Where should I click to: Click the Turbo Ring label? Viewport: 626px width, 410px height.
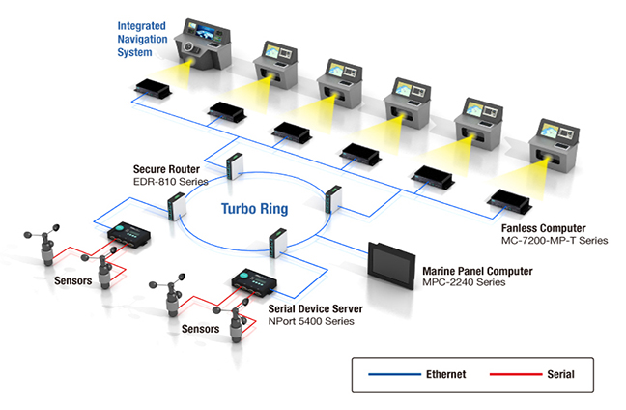255,209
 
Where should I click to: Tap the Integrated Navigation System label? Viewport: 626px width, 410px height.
142,39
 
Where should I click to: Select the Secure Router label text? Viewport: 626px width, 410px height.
166,169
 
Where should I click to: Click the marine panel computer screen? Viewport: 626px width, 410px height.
391,265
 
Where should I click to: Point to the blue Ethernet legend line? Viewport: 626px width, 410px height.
394,374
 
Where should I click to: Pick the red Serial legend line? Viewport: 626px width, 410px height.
516,374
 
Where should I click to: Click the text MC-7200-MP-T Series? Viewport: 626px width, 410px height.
555,241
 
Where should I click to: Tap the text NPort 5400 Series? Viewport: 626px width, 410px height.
311,321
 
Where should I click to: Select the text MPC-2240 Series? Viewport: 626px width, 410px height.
464,282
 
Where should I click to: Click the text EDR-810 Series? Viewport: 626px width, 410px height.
170,182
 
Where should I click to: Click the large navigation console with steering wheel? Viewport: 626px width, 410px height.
203,44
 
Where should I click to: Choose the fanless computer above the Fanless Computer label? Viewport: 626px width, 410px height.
509,201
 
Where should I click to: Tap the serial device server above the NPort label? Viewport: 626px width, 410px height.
254,281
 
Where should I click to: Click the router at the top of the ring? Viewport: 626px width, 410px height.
235,166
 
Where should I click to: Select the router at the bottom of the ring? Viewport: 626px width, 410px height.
278,242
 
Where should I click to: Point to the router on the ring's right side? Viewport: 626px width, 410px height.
333,198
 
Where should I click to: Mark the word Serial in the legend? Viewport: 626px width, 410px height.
560,374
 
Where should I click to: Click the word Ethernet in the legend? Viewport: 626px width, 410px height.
446,374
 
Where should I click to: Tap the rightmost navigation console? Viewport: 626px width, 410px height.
554,145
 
